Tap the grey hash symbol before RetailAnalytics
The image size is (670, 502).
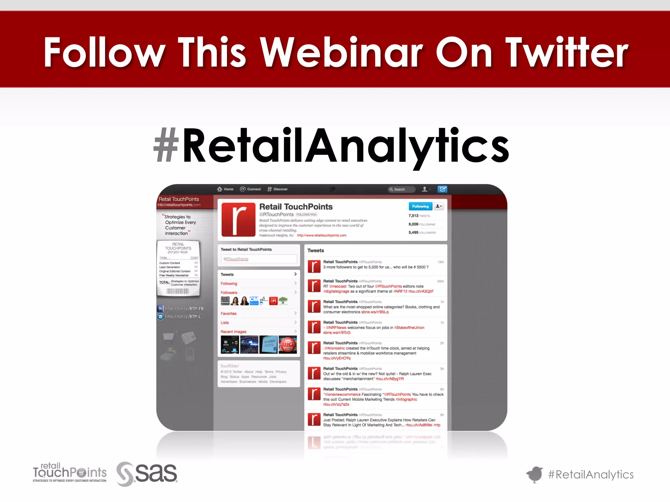coord(166,145)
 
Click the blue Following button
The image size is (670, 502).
coord(420,206)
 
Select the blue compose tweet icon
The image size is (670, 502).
coord(442,189)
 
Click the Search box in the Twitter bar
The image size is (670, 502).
coord(401,189)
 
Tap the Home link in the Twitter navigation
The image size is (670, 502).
coord(225,189)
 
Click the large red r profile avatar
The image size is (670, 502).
coord(238,219)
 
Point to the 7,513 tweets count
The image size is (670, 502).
coord(414,216)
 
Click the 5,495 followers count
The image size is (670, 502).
coord(414,232)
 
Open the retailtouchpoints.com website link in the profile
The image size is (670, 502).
coord(321,235)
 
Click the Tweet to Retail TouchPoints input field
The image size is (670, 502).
coord(258,259)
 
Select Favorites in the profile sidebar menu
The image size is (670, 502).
coord(228,313)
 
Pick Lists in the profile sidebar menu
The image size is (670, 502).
coord(225,323)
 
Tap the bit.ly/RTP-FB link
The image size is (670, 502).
coord(184,309)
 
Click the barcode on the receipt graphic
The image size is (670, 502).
coord(178,291)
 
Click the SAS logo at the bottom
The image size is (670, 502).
coord(147,474)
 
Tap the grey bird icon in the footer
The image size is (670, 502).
coord(535,474)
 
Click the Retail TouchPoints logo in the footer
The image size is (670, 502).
coord(69,473)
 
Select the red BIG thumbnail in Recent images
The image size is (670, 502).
coord(288,344)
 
